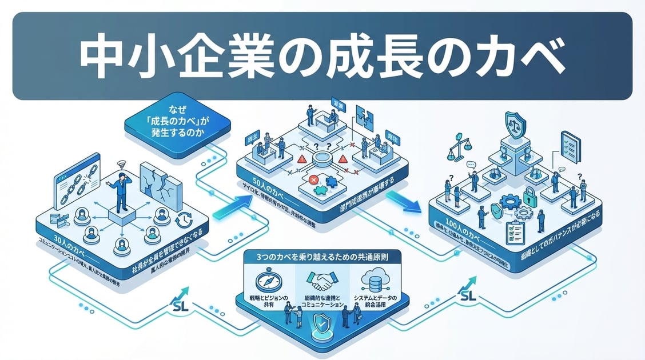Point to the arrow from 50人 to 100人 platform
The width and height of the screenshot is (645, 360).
pyautogui.click(x=402, y=201)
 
